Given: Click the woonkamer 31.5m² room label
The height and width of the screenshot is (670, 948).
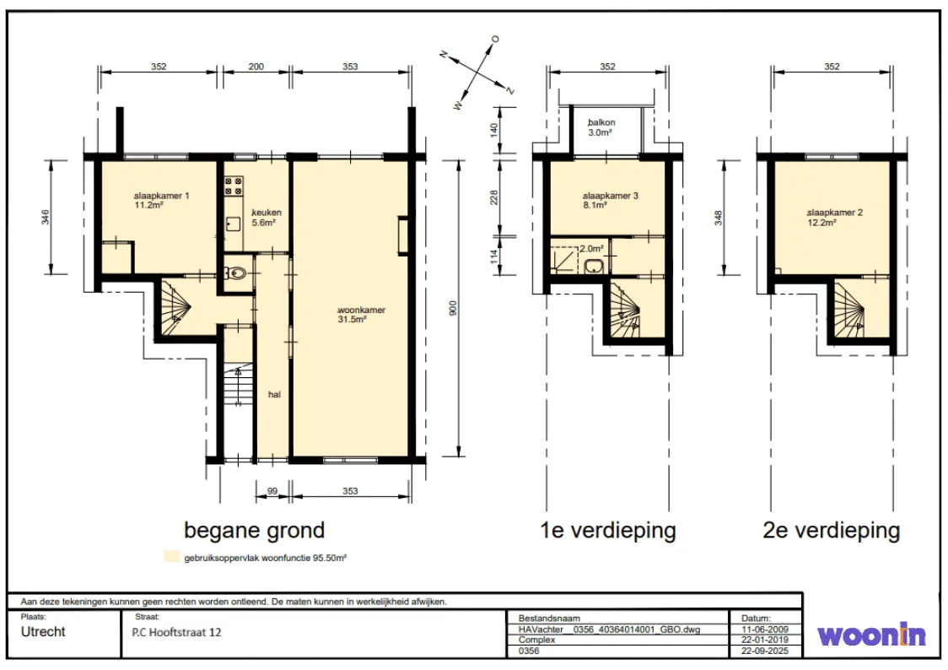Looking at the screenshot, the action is coord(362,315).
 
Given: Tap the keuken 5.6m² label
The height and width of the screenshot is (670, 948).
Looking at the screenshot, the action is coord(266,217).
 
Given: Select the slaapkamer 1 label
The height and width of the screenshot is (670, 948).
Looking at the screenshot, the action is coord(161,200).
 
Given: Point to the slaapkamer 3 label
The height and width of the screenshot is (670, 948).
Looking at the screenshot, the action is coord(610,200).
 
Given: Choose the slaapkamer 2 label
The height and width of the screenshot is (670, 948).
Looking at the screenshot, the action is coord(834,217).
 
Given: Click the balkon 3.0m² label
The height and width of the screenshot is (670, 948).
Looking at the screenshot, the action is coord(601,127).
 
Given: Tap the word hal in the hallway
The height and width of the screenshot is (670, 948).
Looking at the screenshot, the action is coord(274,394).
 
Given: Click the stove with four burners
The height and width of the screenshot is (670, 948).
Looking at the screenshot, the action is coord(234,186).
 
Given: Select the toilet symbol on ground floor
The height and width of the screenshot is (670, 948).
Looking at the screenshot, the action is coord(236,273).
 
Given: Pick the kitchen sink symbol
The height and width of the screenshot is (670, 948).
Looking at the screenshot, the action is coord(233,224).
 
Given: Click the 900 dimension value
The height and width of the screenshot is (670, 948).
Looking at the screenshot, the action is coord(454,308).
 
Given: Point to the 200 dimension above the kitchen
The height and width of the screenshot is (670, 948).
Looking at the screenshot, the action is coord(256,67).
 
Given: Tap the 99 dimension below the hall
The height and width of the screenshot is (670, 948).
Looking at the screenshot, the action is coord(272,491).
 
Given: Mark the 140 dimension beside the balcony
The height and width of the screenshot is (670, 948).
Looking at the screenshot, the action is coord(494,129).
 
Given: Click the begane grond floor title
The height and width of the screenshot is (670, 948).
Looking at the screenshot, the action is coord(255,530).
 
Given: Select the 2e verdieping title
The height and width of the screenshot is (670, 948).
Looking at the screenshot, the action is coord(832,530).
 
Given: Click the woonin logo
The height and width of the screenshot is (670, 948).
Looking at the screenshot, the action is coord(871,635).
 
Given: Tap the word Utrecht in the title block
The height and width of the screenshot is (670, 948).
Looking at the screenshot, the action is coord(43,632).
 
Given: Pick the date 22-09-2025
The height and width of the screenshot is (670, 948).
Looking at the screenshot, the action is coord(765,651).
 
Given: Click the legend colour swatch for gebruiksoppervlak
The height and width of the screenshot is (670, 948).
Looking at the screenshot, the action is coord(172,557).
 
